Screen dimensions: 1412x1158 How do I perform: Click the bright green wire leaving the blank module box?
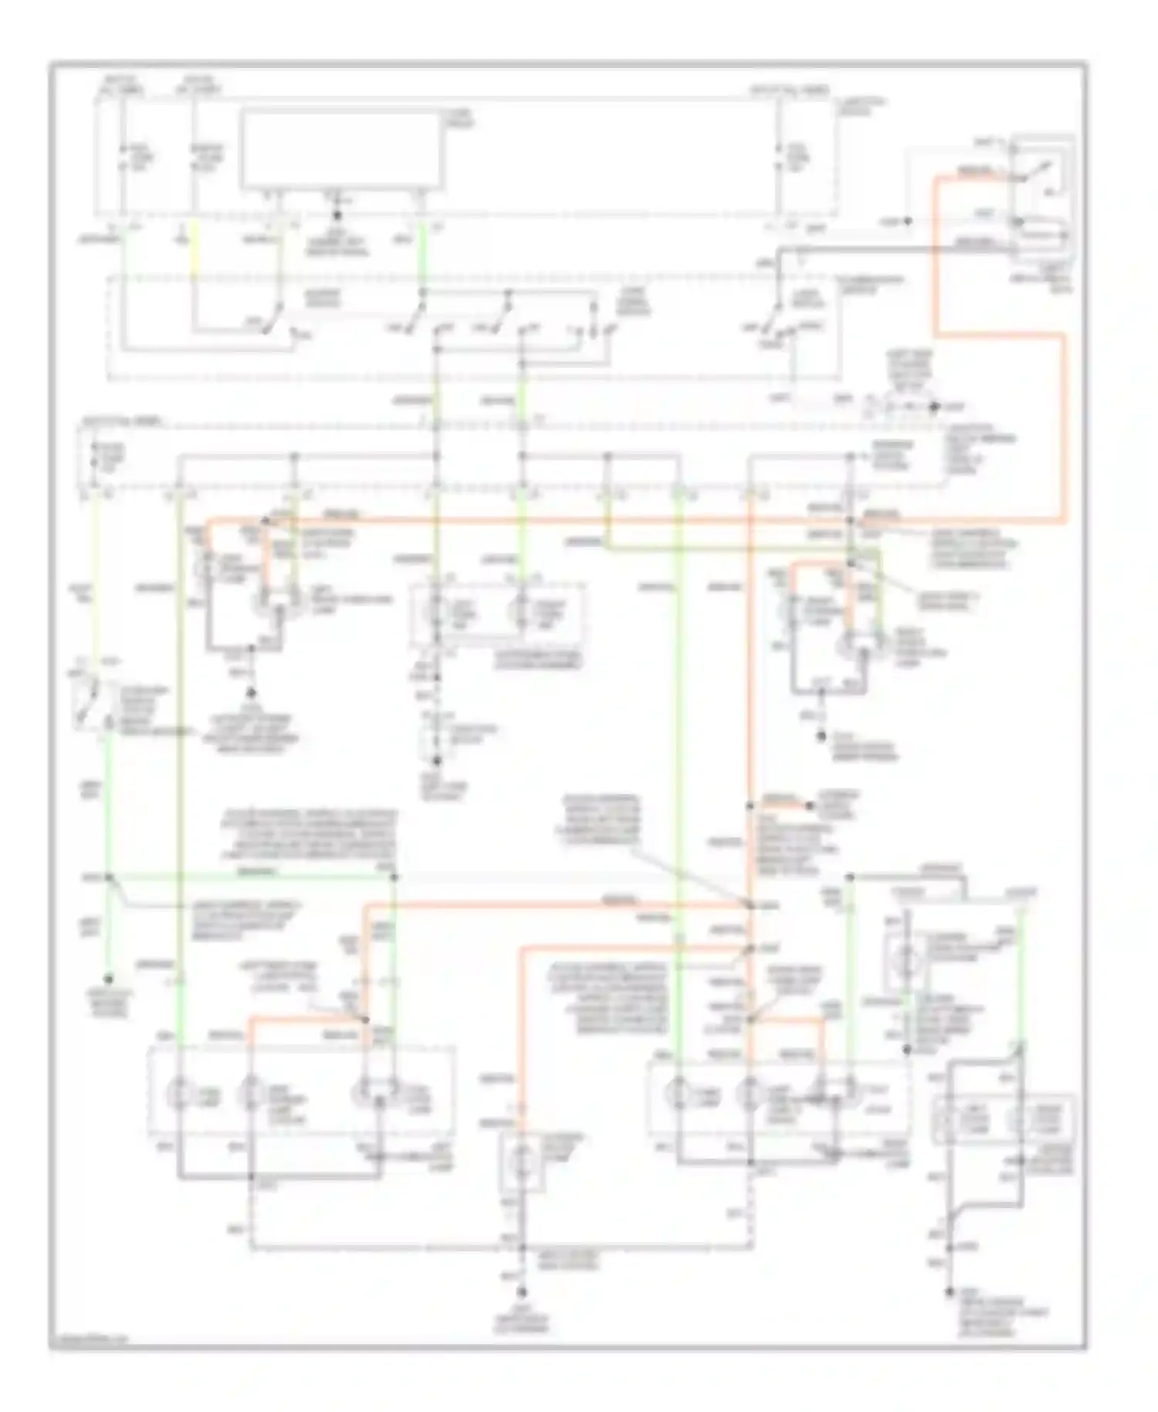(422, 255)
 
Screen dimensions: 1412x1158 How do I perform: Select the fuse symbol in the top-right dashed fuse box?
(780, 158)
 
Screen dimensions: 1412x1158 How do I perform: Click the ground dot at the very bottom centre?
(522, 1292)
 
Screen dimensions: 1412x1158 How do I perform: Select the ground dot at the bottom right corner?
(951, 1292)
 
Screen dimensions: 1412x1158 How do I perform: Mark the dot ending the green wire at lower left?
(109, 979)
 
